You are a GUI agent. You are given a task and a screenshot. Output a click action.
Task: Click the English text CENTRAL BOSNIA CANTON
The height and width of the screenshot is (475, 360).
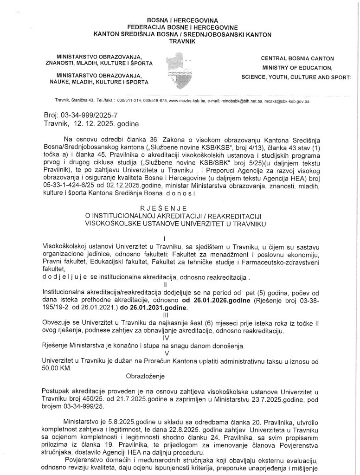(x=297, y=59)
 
